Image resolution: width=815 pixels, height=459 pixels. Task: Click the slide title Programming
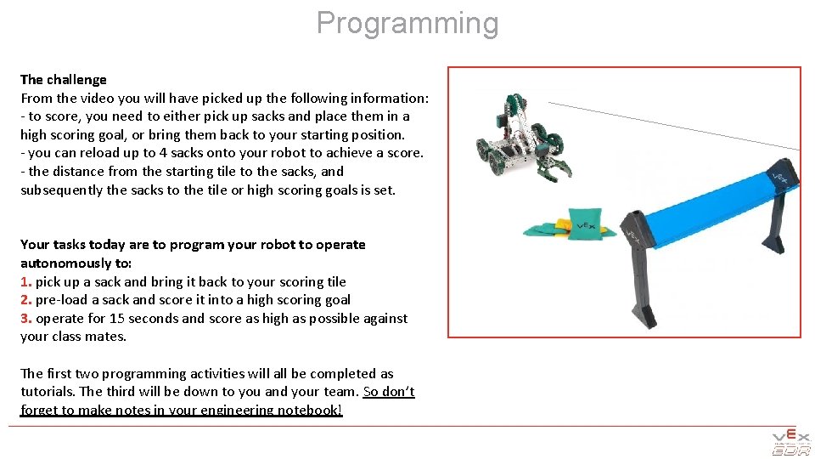pyautogui.click(x=407, y=23)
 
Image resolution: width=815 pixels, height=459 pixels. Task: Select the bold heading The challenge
pyautogui.click(x=64, y=79)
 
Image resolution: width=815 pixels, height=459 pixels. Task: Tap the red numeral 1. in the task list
pyautogui.click(x=26, y=281)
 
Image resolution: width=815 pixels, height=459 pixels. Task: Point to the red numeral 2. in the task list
pyautogui.click(x=26, y=299)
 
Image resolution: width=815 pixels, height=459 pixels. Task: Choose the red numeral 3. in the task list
pyautogui.click(x=26, y=318)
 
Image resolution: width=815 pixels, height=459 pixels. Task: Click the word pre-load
pyautogui.click(x=62, y=299)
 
